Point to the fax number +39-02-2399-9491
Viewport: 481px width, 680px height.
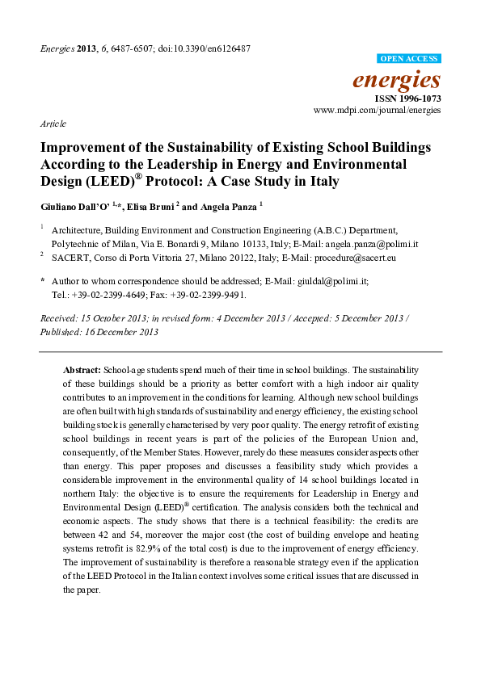click(x=202, y=295)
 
